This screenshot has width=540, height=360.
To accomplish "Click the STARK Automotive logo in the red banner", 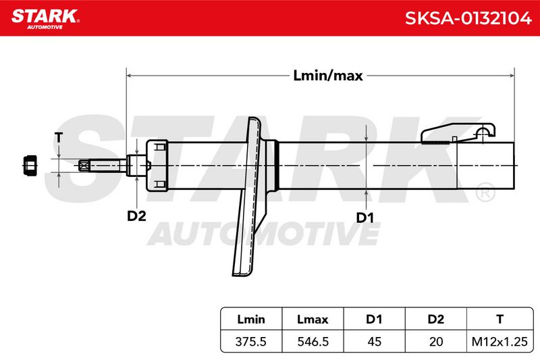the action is tap(45, 19).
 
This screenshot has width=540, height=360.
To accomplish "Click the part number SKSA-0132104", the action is tap(468, 18).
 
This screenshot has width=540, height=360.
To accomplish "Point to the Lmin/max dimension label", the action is tap(328, 76).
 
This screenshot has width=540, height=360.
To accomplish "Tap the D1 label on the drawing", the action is tap(364, 217).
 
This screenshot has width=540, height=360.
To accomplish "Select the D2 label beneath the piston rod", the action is tap(137, 216).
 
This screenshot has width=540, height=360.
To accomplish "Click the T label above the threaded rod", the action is tap(59, 138).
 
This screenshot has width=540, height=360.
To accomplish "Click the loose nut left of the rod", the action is tap(30, 165).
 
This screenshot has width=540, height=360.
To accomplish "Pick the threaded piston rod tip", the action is tap(103, 165).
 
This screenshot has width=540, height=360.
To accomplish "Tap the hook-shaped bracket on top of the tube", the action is tap(458, 133).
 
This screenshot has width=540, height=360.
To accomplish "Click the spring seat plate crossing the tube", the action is tap(251, 197).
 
